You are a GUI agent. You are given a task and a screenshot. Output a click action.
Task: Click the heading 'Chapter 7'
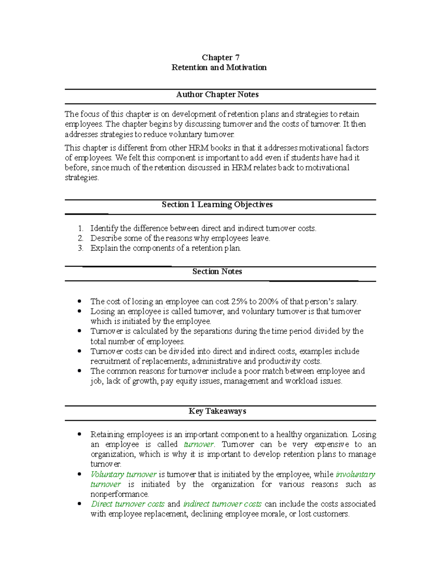(220, 57)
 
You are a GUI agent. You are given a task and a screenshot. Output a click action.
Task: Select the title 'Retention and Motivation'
(219, 67)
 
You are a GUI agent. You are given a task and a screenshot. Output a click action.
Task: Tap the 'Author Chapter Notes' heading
(217, 94)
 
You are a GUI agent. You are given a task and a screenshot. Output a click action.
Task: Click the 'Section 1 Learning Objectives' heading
(217, 204)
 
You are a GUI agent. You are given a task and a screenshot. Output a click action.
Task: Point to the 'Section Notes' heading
(217, 271)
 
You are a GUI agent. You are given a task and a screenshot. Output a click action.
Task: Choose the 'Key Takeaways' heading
(217, 411)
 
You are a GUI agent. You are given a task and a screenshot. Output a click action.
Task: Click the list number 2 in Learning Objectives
(80, 238)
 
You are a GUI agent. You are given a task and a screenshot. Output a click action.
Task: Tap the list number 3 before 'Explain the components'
(80, 248)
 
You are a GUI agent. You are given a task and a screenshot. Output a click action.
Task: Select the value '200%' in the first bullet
(268, 301)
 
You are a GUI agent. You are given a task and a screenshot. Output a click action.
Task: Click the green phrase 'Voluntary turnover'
(123, 474)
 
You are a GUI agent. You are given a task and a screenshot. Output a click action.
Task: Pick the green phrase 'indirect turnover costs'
(222, 504)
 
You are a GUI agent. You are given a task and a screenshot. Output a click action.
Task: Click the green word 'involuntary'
(355, 474)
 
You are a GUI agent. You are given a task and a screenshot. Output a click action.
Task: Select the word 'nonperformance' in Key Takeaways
(119, 494)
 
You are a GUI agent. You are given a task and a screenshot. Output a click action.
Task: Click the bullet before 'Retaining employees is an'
(79, 434)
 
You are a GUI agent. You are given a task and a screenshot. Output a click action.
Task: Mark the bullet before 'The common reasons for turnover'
(79, 371)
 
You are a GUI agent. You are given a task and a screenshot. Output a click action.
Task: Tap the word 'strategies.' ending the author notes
(82, 178)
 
